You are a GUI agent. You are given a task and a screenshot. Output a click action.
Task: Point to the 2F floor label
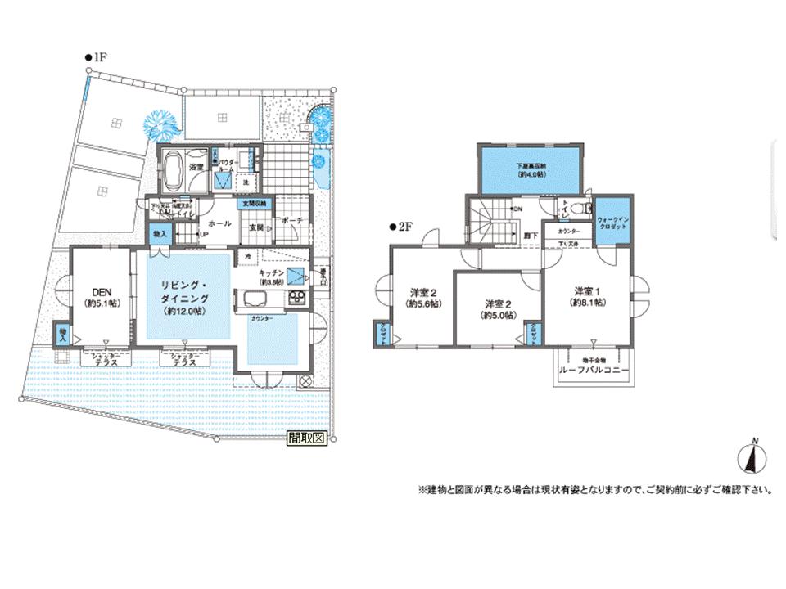click(401, 228)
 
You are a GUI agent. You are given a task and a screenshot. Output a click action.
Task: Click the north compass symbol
click(753, 456)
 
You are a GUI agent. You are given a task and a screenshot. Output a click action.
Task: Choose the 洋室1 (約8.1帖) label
click(589, 296)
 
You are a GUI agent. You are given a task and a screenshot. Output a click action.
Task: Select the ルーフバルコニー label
click(594, 369)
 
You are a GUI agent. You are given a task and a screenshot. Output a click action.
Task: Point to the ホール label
click(219, 223)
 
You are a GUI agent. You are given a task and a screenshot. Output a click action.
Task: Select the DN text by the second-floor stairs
click(517, 209)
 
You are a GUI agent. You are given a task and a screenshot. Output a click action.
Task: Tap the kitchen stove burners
click(296, 298)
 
